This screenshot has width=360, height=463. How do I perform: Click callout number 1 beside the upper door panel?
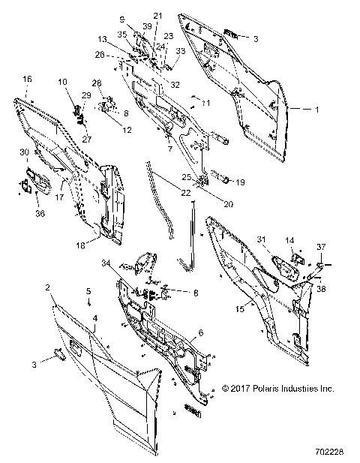pos(316,110)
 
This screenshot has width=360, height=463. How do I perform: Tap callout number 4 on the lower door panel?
pos(94,318)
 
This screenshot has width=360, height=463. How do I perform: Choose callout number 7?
pos(170,149)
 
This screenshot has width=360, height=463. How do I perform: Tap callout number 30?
pos(24,152)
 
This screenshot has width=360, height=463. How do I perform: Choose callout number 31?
pos(262,239)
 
